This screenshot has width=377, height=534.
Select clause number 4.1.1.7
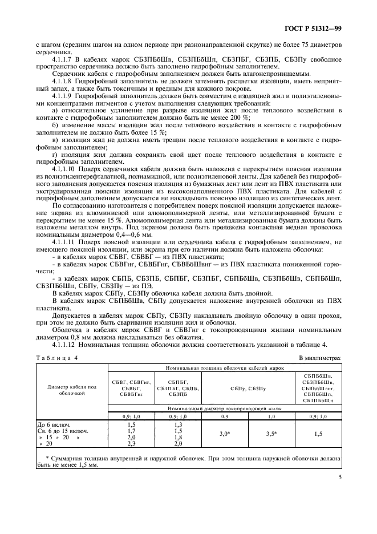pos(64,59)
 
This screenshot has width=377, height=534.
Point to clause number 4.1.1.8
pos(64,81)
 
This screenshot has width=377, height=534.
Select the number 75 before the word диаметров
pos(303,44)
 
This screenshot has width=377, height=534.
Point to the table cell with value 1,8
pos(176,437)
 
